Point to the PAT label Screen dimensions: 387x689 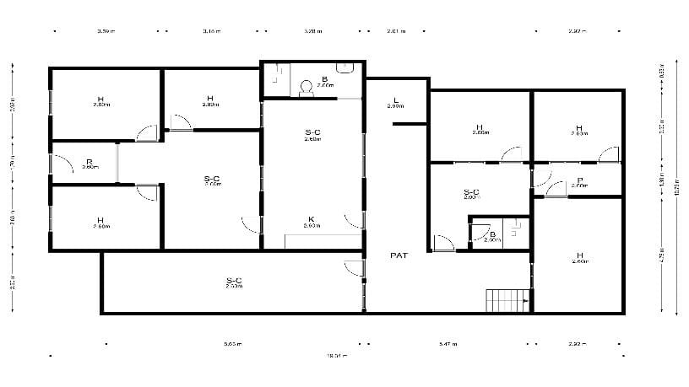coord(399,254)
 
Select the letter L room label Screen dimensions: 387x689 coord(395,100)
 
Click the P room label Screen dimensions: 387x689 coord(580,180)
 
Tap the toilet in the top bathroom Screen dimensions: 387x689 coord(305,89)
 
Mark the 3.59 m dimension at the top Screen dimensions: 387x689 coord(106,32)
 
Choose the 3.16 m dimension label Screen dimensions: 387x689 coord(211,32)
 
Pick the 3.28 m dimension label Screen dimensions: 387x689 coord(312,32)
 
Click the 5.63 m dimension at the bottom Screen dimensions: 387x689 coord(233,344)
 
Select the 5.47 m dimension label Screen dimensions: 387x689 coord(448,344)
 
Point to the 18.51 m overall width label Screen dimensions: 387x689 coord(338,355)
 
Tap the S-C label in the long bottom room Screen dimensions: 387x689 coord(234,281)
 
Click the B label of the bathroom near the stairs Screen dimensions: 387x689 coord(493,234)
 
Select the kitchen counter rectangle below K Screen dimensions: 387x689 coord(323,242)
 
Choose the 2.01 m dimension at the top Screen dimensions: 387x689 coord(396,32)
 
